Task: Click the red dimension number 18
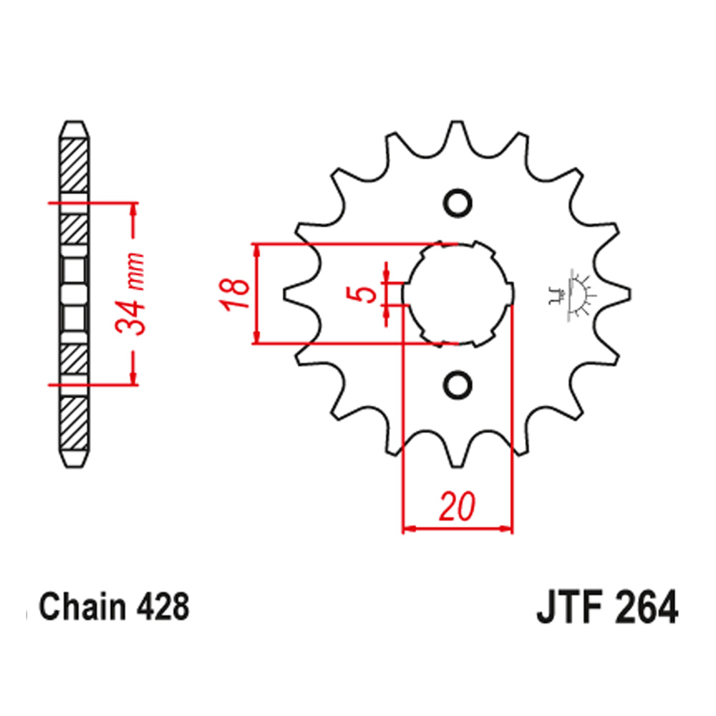(236, 294)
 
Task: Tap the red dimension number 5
(366, 294)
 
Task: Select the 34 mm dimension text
(132, 294)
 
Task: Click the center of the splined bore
(458, 294)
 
